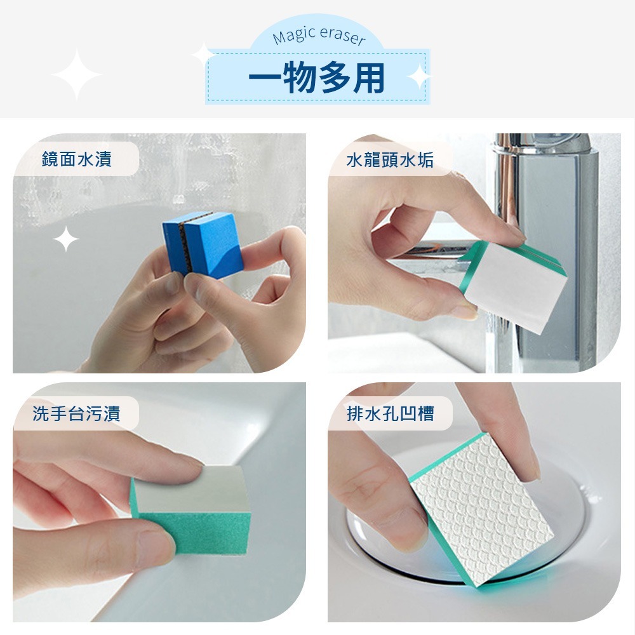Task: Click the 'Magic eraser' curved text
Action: (x=319, y=36)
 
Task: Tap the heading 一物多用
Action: (x=316, y=77)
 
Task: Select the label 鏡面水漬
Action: (x=77, y=159)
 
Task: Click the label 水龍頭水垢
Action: (x=390, y=159)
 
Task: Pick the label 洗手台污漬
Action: (x=77, y=413)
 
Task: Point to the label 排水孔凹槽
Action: (x=391, y=413)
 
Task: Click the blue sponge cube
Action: (x=203, y=244)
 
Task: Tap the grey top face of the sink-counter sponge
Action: (x=189, y=491)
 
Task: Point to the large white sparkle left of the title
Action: (x=76, y=74)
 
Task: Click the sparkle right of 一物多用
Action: (x=418, y=77)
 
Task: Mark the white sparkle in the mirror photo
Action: (x=65, y=239)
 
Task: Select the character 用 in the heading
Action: (x=368, y=78)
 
